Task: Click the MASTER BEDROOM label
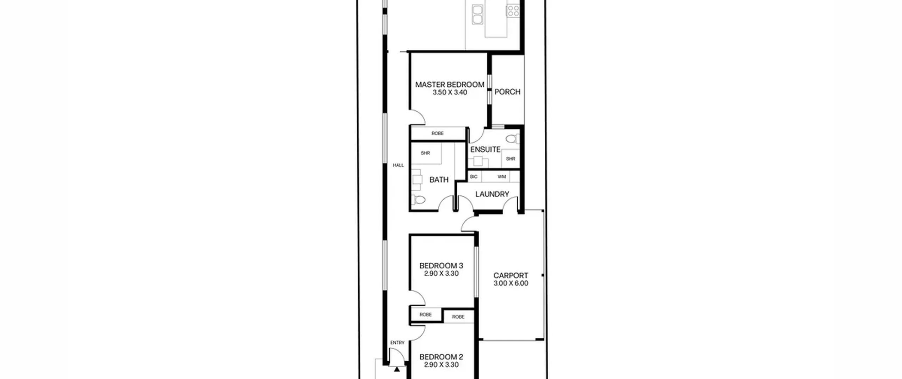pos(450,85)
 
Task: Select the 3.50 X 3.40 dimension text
pos(450,92)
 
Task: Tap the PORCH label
pos(507,92)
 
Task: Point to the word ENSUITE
pos(485,149)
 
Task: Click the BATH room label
pos(439,180)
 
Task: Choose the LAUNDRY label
pos(492,194)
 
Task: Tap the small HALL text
pos(399,165)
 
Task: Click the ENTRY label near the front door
pos(397,343)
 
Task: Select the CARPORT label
pos(511,275)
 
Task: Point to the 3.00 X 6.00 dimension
pos(511,283)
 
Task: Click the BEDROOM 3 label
pos(441,265)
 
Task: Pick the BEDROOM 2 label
pos(441,357)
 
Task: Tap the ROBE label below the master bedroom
pos(438,134)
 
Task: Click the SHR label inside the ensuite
pos(511,159)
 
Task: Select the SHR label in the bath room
pos(425,153)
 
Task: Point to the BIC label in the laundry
pos(474,177)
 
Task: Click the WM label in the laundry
pos(502,177)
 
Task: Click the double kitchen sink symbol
pos(477,14)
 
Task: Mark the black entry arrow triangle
pos(397,369)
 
